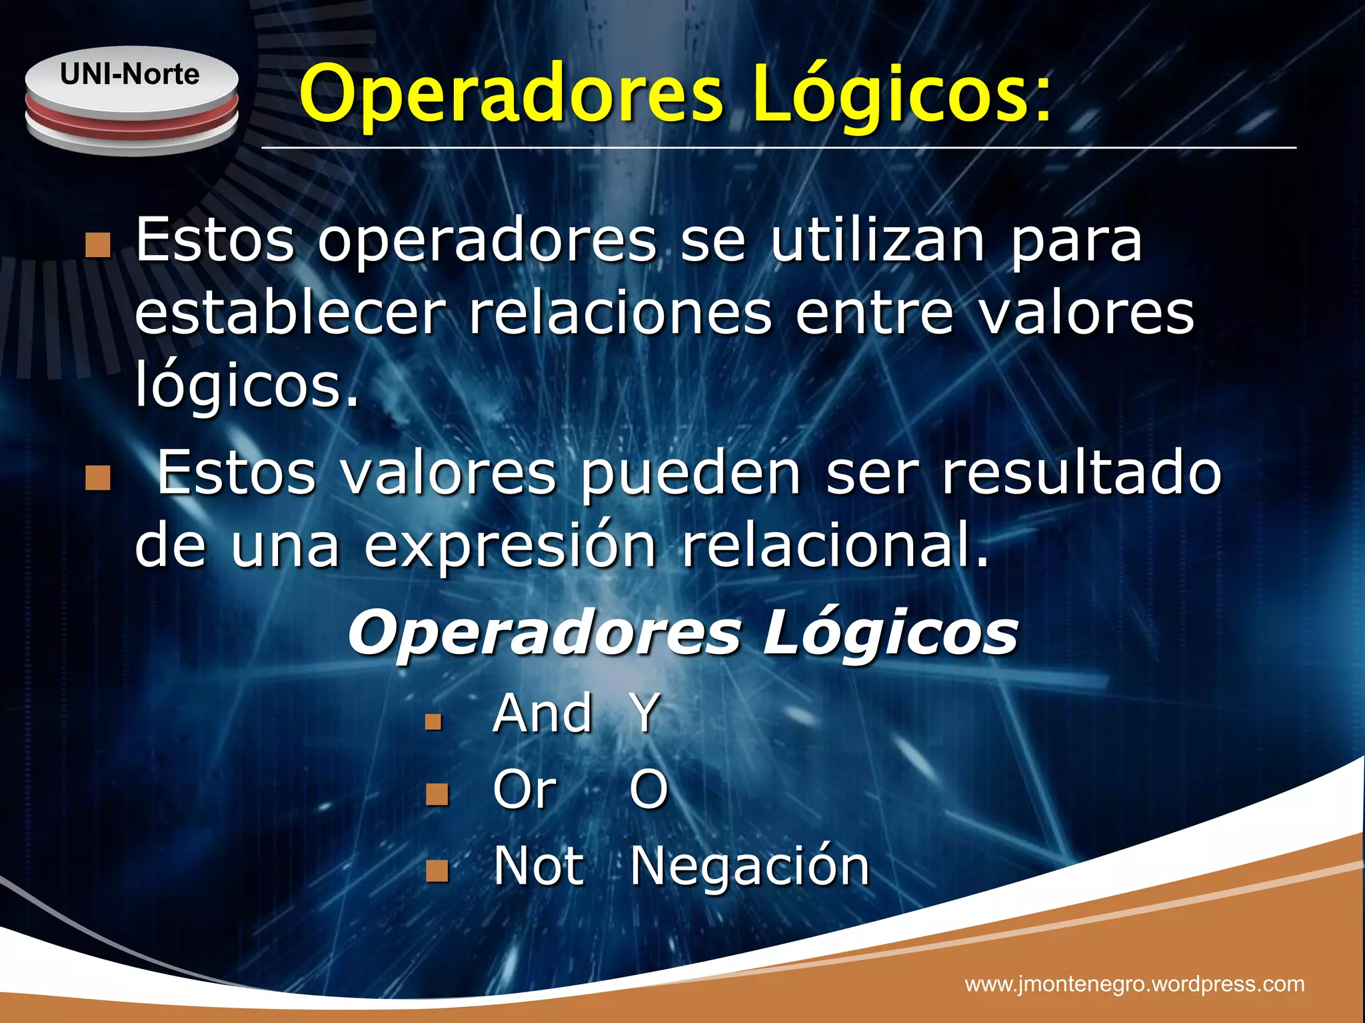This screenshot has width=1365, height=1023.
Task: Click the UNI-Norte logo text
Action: (x=130, y=75)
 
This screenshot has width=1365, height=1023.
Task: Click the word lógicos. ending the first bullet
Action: (x=247, y=386)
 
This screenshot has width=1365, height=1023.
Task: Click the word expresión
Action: (x=511, y=546)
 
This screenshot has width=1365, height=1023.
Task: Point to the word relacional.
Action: (x=835, y=546)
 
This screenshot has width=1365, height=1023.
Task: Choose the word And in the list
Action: (x=543, y=713)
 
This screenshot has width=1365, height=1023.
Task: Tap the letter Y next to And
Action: (x=645, y=713)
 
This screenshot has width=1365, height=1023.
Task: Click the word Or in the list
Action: (x=525, y=789)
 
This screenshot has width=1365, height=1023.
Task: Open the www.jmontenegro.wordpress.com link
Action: (x=1134, y=984)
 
